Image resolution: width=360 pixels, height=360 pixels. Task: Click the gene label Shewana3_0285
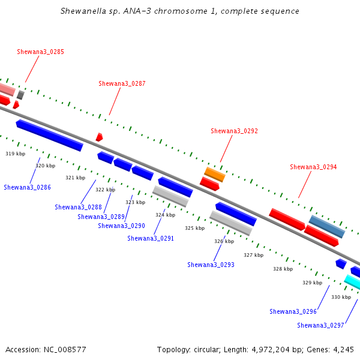(40, 52)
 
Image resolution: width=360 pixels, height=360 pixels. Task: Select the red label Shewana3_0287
(122, 83)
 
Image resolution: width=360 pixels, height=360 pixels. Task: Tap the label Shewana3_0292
(234, 131)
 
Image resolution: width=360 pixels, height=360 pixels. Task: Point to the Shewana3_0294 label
(313, 167)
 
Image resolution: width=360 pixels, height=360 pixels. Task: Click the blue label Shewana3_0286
(28, 187)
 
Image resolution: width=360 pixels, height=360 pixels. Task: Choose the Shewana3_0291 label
(151, 238)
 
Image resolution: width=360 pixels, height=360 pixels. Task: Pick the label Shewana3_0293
(211, 265)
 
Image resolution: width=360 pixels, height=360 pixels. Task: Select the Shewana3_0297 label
(320, 325)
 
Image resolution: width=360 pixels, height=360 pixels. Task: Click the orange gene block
(215, 175)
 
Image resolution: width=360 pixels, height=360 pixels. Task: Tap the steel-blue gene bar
(327, 227)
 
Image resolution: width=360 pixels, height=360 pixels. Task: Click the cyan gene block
(352, 282)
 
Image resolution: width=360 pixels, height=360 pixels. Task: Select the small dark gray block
(20, 95)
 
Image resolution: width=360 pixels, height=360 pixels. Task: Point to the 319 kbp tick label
(16, 154)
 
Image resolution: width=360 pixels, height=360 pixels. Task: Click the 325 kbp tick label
(194, 228)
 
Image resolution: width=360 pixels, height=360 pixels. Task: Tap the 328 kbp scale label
(283, 269)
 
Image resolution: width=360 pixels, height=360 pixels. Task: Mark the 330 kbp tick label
(341, 298)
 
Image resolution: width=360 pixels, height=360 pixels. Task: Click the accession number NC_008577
(65, 350)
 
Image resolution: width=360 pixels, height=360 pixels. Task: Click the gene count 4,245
(343, 350)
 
